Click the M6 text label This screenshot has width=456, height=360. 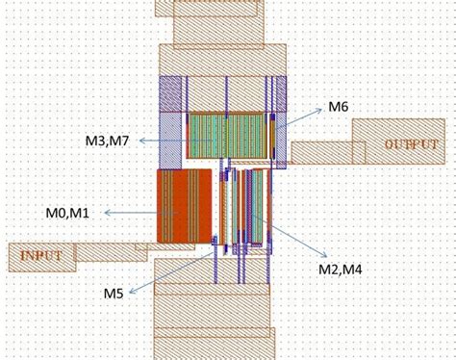(x=338, y=107)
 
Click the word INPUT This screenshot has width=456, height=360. (x=38, y=256)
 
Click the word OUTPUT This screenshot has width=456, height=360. (x=411, y=144)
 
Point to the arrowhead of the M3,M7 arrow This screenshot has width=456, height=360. (x=140, y=141)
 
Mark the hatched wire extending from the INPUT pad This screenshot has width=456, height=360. (x=111, y=252)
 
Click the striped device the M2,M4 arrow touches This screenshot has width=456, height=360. (x=258, y=207)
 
